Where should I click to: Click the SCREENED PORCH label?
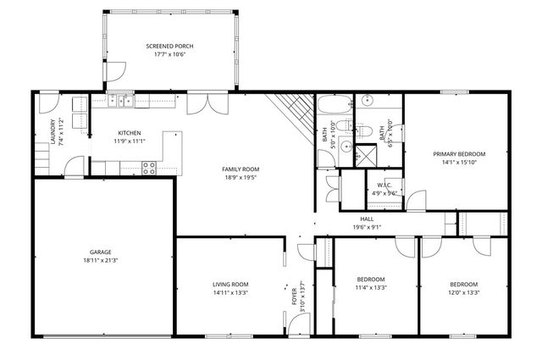coord(169,45)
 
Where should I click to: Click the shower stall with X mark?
coord(365,156)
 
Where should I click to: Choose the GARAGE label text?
coord(101,252)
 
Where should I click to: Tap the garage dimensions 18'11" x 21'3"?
coord(101,262)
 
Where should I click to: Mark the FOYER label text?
coord(296,296)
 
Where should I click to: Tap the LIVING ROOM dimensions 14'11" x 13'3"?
coord(230,293)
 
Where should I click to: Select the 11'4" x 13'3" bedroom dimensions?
coord(371,288)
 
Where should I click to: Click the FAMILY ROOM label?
coord(241,169)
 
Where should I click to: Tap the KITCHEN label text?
coord(129,132)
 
